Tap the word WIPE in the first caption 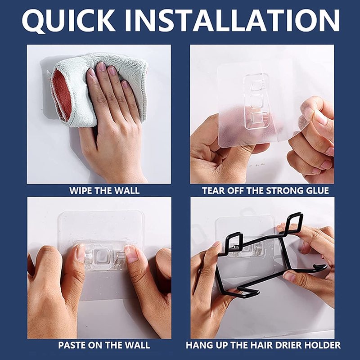pyautogui.click(x=80, y=190)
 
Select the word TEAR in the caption pyautogui.click(x=214, y=190)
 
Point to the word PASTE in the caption pyautogui.click(x=72, y=346)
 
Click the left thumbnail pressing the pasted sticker pyautogui.click(x=81, y=253)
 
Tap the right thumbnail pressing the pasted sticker pyautogui.click(x=131, y=254)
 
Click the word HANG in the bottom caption pyautogui.click(x=198, y=346)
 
